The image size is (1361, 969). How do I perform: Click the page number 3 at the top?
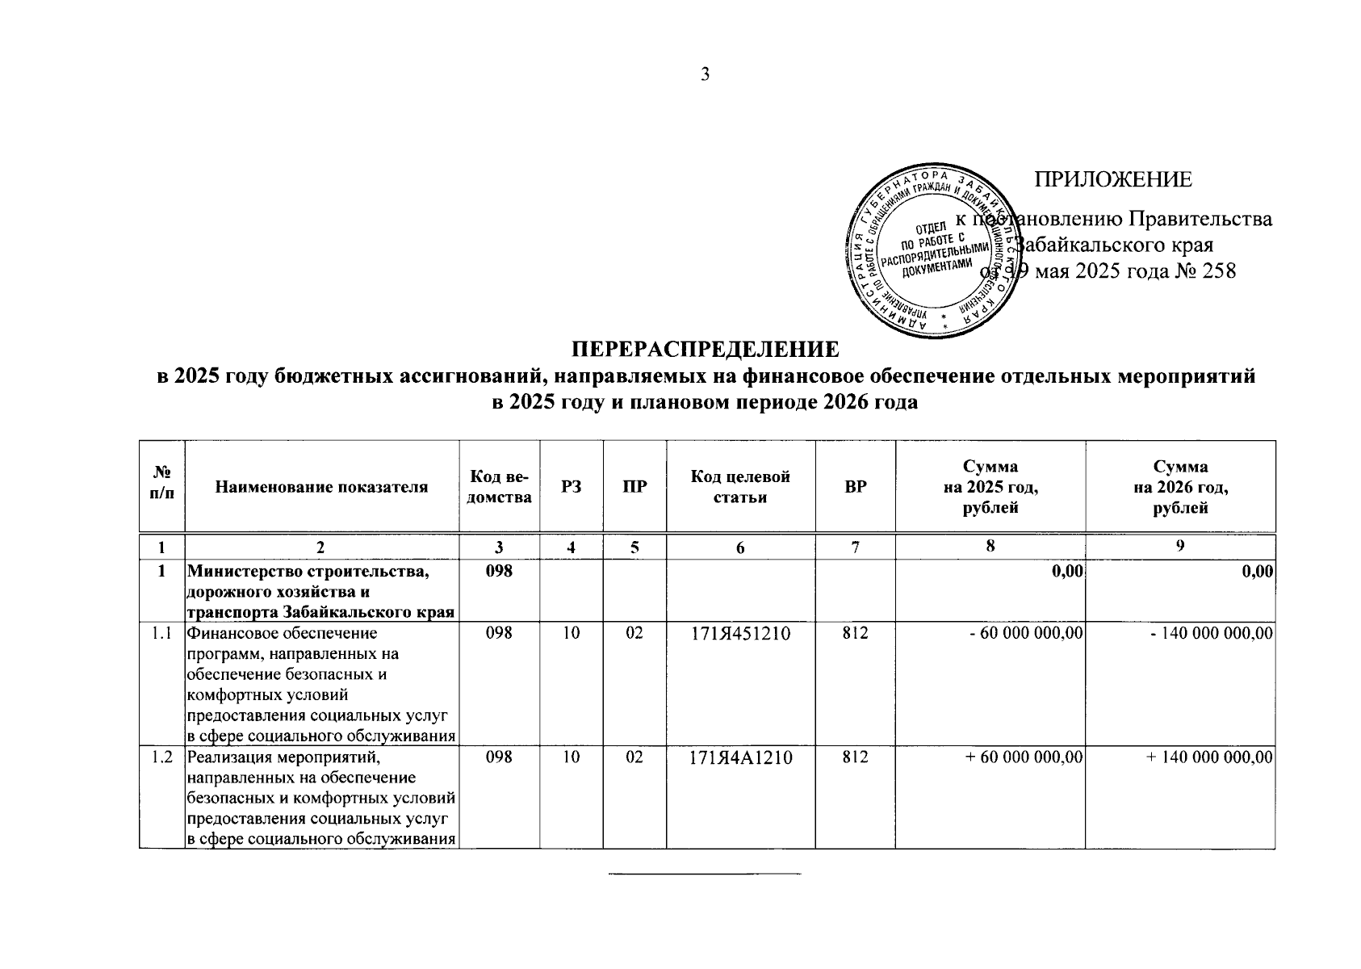705,75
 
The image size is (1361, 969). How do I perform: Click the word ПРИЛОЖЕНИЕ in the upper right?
1113,179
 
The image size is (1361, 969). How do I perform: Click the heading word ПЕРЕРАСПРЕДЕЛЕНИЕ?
706,350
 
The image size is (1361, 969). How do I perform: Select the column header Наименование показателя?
321,487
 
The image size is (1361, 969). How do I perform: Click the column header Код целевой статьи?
740,487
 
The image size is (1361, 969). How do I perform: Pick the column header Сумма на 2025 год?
990,487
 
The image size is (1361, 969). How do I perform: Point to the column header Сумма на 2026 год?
1180,487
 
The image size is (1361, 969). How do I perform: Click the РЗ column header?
572,487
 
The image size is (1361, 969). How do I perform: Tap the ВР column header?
855,487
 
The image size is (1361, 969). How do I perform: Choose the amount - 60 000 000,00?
1025,634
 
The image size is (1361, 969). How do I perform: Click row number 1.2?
162,758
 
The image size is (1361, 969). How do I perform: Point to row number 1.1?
162,634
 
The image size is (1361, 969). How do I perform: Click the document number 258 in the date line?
1219,271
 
